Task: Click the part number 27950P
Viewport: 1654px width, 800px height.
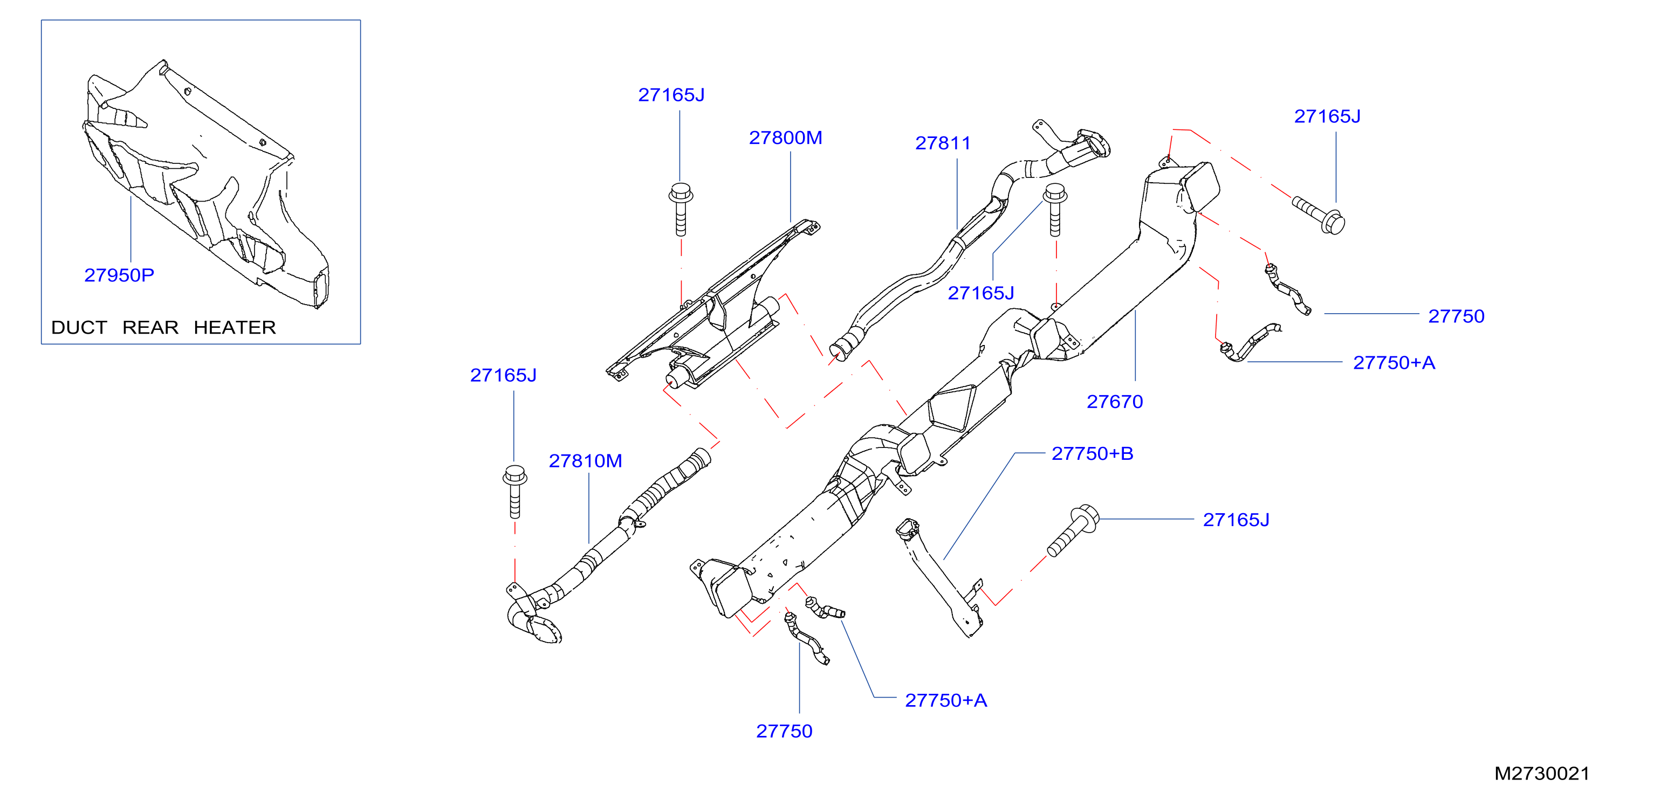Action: coord(119,275)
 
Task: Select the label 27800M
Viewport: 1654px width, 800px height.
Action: coord(785,138)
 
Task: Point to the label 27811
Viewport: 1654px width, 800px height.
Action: coord(943,143)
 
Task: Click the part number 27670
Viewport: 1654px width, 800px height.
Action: coord(1115,402)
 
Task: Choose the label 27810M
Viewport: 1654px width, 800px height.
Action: coord(586,461)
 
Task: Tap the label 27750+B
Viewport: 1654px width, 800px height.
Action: coord(1092,454)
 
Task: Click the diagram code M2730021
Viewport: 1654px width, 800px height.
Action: coord(1542,774)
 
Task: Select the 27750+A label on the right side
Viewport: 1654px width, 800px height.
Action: coord(1394,363)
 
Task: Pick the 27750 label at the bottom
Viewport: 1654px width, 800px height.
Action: coord(784,732)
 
